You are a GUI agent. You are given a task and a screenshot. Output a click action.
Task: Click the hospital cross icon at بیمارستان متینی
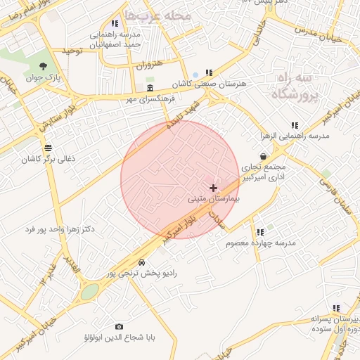pyautogui.click(x=214, y=188)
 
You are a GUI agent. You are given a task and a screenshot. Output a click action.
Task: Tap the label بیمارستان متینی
pyautogui.click(x=214, y=200)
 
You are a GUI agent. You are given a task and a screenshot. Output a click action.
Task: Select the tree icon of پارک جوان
pyautogui.click(x=44, y=65)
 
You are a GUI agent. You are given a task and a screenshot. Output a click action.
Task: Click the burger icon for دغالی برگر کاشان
pyautogui.click(x=47, y=148)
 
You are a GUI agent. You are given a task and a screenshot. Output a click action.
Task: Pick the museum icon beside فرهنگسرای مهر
pyautogui.click(x=150, y=88)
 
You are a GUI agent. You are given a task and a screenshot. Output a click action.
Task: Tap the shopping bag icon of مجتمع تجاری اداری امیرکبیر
pyautogui.click(x=263, y=156)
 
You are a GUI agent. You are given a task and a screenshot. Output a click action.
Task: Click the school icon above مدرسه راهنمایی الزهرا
pyautogui.click(x=294, y=125)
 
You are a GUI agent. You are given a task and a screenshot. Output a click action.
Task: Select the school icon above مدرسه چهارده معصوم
pyautogui.click(x=259, y=231)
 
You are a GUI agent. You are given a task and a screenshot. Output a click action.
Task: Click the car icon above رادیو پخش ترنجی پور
pyautogui.click(x=142, y=262)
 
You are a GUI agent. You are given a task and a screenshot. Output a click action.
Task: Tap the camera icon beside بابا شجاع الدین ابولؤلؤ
pyautogui.click(x=118, y=326)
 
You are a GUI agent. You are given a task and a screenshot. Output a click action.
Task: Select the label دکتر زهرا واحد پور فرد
pyautogui.click(x=59, y=229)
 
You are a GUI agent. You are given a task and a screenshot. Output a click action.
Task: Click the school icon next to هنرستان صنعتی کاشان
pyautogui.click(x=208, y=72)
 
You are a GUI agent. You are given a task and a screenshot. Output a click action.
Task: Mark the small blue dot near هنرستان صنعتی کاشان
pyautogui.click(x=195, y=75)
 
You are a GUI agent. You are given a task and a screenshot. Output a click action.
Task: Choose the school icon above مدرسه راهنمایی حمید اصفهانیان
pyautogui.click(x=115, y=23)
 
